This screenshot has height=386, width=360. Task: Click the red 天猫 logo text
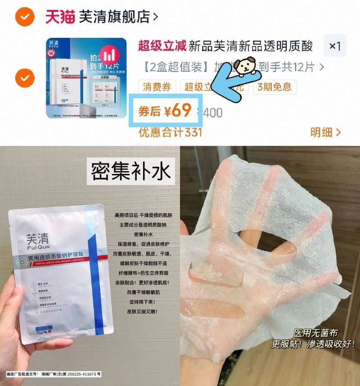[x=60, y=17]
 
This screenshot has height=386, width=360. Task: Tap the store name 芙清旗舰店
[x=114, y=17]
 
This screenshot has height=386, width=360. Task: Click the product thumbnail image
[x=85, y=78]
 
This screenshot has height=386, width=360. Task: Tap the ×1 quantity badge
[x=335, y=46]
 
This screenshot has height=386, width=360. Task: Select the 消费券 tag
[x=157, y=87]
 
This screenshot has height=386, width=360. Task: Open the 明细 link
[x=325, y=132]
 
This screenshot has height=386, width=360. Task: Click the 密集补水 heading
[x=130, y=172]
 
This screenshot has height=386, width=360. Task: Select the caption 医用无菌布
[x=316, y=333]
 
